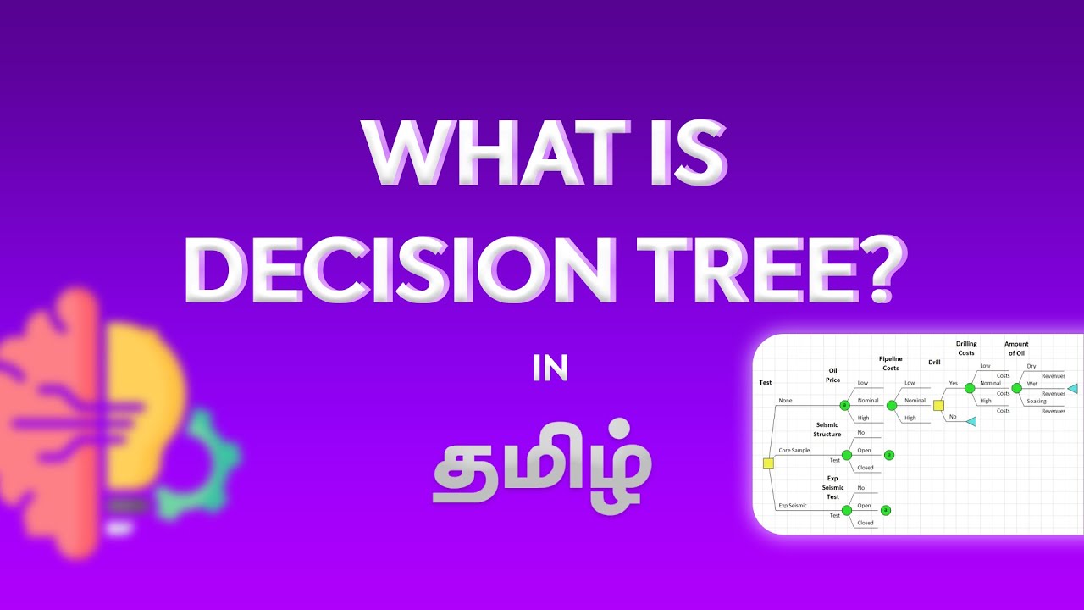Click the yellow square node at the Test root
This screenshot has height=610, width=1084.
tap(768, 463)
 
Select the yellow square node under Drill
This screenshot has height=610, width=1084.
tap(938, 405)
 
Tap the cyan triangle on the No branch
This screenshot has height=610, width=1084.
tap(971, 421)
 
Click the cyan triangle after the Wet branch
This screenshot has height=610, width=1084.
tap(1072, 388)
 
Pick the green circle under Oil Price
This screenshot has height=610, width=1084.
tap(844, 405)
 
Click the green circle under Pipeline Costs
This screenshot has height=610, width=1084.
tap(891, 405)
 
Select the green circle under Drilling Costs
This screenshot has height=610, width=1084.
tap(970, 387)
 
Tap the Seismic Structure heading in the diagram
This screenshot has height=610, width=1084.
tap(827, 430)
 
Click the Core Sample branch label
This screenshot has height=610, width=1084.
tap(794, 450)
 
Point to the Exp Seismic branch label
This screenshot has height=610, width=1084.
tap(793, 505)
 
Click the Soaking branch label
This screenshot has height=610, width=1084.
tap(1037, 401)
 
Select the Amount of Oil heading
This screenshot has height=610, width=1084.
tap(1016, 348)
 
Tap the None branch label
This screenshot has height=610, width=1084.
tap(785, 400)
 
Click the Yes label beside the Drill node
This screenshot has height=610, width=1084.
tap(953, 383)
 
